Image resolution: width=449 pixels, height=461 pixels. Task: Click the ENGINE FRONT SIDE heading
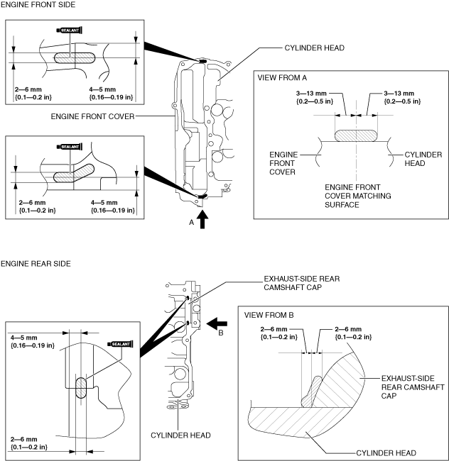[x=38, y=5]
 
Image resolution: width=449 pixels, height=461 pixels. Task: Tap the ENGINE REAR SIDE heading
[x=36, y=263]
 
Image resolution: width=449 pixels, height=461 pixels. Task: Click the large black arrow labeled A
[x=202, y=220]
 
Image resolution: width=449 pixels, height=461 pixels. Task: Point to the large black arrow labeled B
[x=217, y=323]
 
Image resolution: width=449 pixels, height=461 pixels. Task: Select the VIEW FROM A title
[x=282, y=77]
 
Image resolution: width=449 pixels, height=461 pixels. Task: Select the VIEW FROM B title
[x=269, y=315]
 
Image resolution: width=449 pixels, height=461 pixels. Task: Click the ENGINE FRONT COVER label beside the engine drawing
[x=92, y=116]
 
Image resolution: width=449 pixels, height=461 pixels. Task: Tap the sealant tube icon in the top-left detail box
[x=69, y=30]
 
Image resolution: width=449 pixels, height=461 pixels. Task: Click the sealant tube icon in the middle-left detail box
[x=69, y=147]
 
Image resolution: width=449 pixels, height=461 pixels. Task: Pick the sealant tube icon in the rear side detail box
[x=121, y=344]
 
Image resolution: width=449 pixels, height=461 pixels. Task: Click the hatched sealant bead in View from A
[x=356, y=136]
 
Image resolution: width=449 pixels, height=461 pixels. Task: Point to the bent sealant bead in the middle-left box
[x=74, y=174]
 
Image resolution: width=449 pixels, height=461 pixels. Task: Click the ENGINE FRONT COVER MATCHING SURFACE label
[x=358, y=196]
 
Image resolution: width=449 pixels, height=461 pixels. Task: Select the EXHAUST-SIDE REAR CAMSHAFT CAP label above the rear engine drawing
[x=301, y=283]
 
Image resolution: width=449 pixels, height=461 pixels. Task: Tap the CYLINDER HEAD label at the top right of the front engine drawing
[x=315, y=48]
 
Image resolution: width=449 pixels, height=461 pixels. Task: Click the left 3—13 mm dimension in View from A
[x=315, y=97]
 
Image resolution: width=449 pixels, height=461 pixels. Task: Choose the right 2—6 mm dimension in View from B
[x=353, y=333]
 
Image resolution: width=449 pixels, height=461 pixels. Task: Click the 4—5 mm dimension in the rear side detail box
[x=33, y=341]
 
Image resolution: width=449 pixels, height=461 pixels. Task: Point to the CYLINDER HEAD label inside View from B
[x=386, y=453]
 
